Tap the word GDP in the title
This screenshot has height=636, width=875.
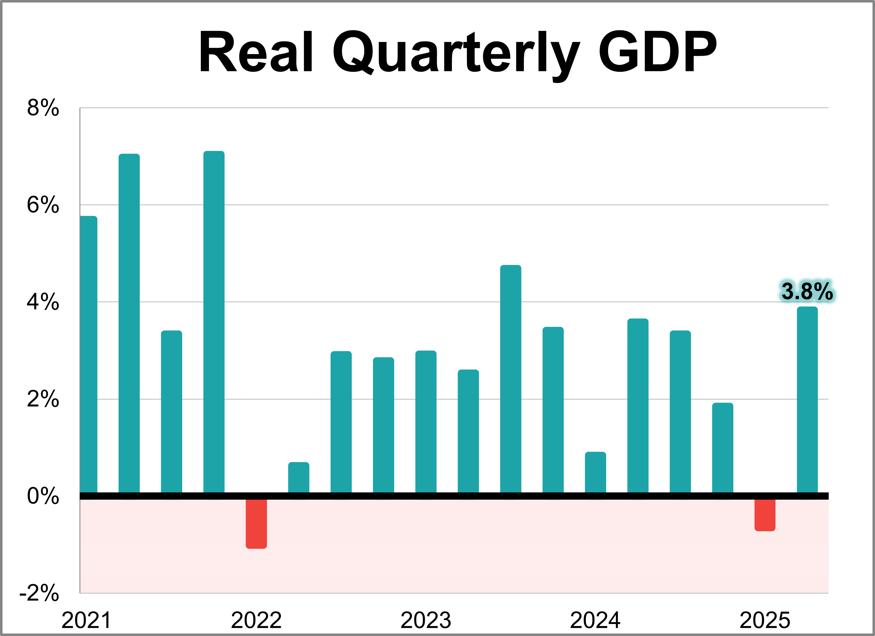coord(657,52)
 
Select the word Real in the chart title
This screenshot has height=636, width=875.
coord(255,52)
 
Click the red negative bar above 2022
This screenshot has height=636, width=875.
coord(256,524)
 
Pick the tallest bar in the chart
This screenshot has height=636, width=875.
coord(214,322)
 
